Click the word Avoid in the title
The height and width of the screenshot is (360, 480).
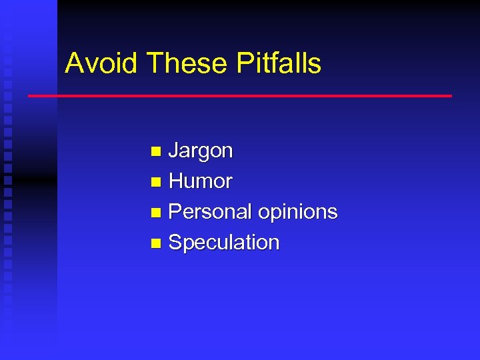[x=101, y=63]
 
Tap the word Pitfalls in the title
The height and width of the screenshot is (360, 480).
[x=279, y=63]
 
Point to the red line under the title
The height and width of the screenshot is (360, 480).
[x=240, y=96]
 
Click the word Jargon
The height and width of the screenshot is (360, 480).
[x=201, y=151]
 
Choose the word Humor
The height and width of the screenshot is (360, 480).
[x=201, y=181]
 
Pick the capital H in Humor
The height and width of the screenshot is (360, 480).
[x=177, y=181]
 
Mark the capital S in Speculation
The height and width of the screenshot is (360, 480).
[x=176, y=243]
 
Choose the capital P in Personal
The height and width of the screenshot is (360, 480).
[x=176, y=212]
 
